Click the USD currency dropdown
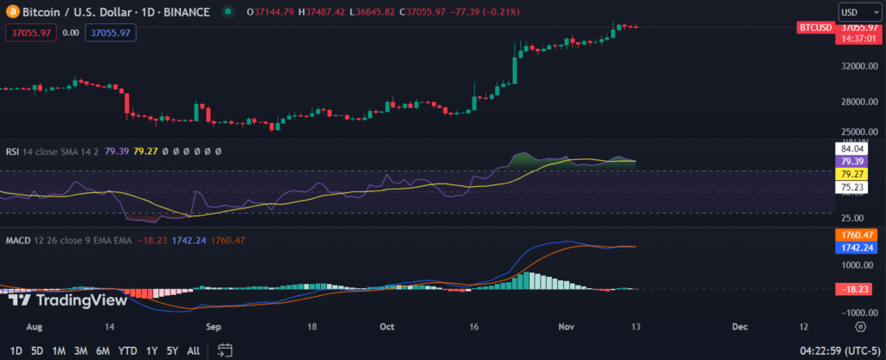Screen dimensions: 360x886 click(856, 12)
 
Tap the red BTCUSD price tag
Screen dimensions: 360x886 click(816, 28)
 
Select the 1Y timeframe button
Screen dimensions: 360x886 click(152, 350)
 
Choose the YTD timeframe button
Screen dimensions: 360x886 click(127, 350)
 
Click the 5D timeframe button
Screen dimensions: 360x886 click(37, 350)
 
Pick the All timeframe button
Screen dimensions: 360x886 click(193, 350)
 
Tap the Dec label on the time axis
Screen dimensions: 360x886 click(740, 326)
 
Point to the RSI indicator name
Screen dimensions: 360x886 click(13, 151)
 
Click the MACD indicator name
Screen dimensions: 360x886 click(19, 240)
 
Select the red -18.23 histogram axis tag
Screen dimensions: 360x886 click(855, 290)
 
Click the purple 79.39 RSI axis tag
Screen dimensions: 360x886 click(855, 161)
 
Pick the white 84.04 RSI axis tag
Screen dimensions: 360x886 click(855, 149)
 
